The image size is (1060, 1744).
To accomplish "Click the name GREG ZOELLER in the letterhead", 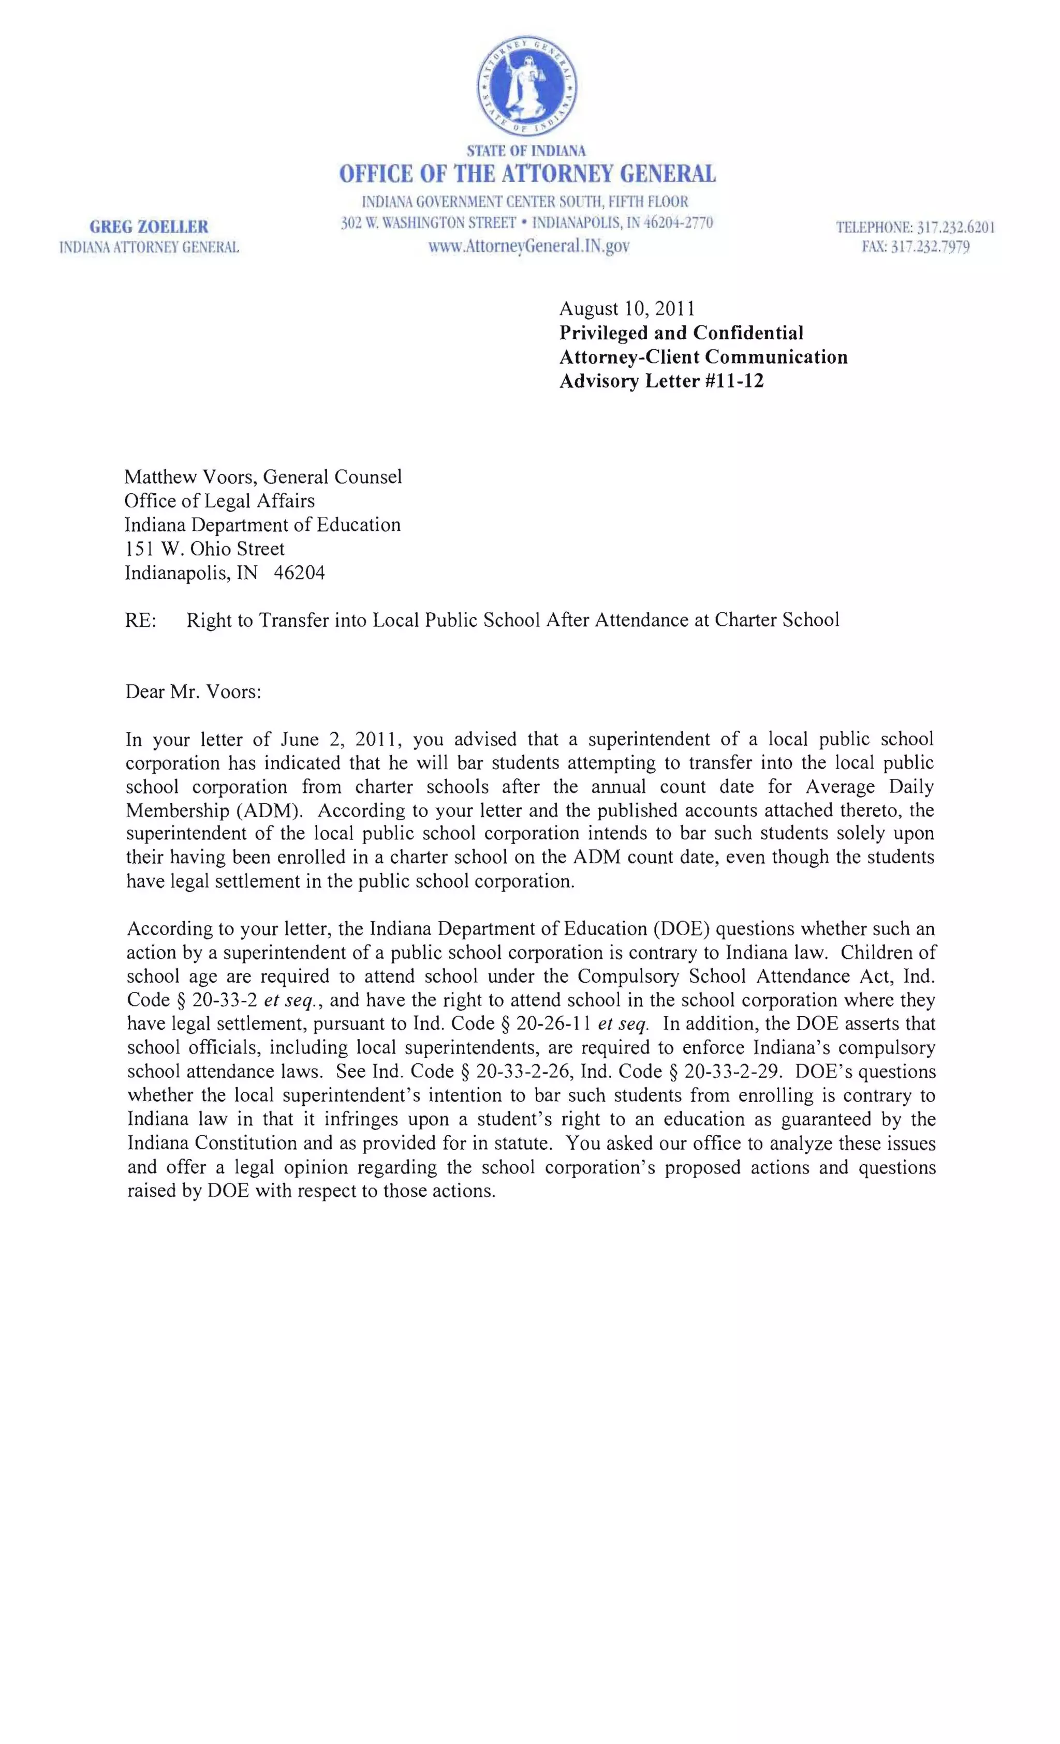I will coord(149,227).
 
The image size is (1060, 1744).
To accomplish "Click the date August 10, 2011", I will coord(627,309).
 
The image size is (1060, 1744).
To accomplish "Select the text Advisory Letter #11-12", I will coord(661,381).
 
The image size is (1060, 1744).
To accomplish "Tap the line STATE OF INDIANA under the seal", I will coord(526,151).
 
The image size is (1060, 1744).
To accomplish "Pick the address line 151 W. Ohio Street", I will coord(204,549).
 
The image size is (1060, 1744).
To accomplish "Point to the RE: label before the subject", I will coord(140,620).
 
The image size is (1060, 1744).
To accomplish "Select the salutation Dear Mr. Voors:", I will coord(193,691).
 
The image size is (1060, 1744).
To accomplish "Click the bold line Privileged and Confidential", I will coord(681,333).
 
